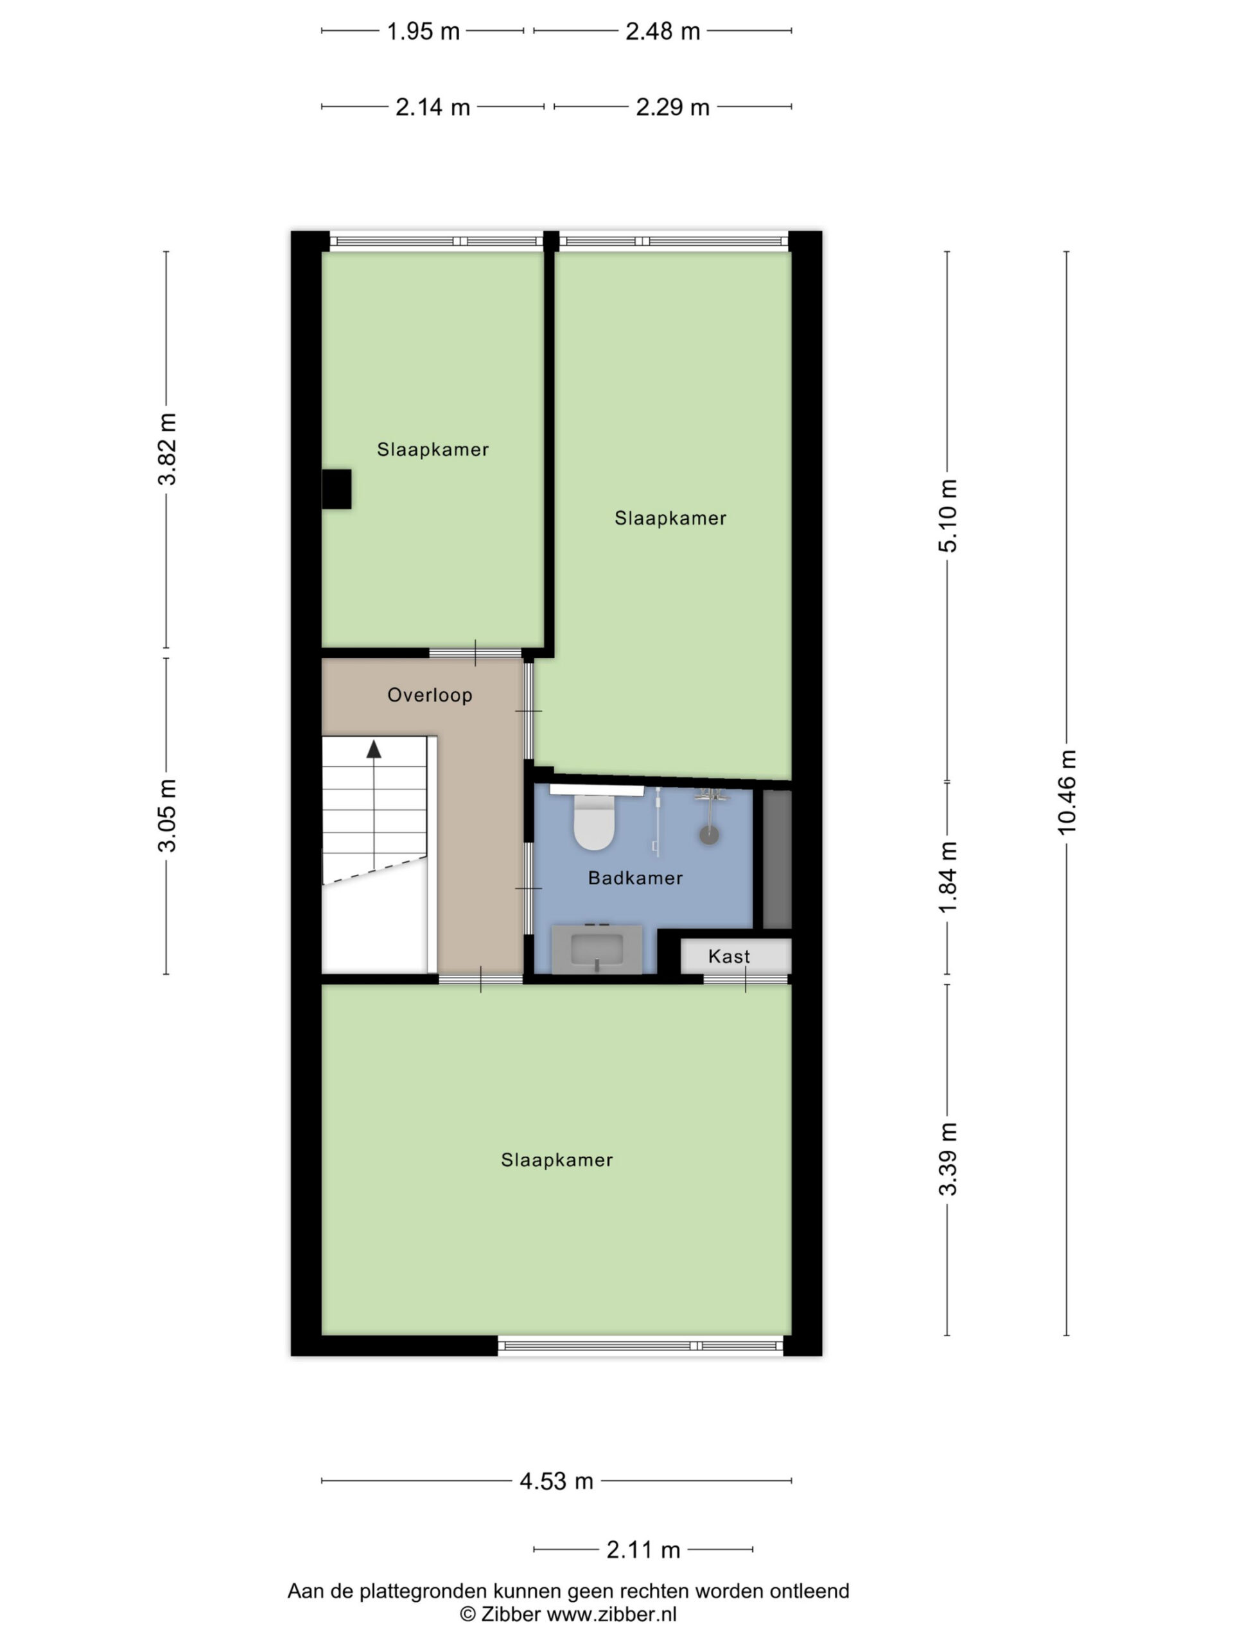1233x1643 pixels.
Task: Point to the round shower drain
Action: pos(709,835)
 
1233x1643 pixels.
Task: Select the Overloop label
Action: pos(430,695)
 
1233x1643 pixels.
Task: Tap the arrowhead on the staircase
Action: pos(374,749)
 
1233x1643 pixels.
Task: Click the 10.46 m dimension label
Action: pos(1067,793)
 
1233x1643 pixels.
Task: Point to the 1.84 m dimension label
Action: pos(948,878)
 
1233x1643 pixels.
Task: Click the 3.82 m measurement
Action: pos(166,449)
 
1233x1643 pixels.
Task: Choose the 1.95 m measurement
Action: pos(423,31)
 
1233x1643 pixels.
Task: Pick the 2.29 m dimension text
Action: pos(672,108)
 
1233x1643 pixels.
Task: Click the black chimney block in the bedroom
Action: pos(336,489)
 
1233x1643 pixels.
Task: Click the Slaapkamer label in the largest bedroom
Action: pos(557,1160)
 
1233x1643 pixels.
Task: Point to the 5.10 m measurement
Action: pos(948,515)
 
